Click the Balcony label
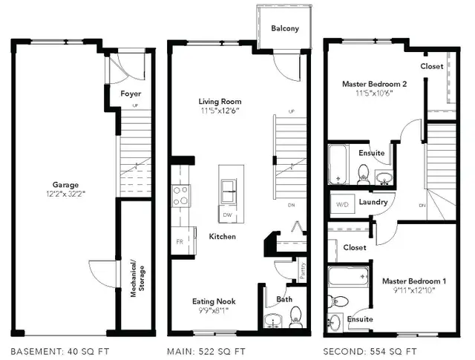[x=284, y=29]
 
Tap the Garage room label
[x=65, y=185]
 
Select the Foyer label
[x=131, y=94]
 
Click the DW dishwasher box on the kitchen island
[x=229, y=215]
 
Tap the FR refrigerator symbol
[x=180, y=242]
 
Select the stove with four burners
[x=180, y=195]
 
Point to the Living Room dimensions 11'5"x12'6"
[x=219, y=111]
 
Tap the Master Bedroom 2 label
[x=374, y=85]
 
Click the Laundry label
[x=374, y=202]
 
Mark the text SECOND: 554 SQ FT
[x=370, y=350]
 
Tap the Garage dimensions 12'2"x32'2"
[x=65, y=194]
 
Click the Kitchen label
[x=222, y=237]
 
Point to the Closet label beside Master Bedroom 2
[x=431, y=66]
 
